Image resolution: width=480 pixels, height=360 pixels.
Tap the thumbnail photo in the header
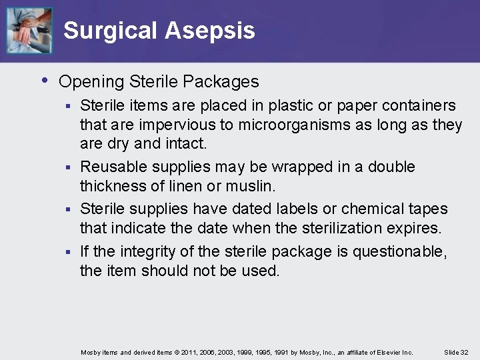click(x=29, y=30)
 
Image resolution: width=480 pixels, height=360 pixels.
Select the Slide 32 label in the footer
click(x=456, y=352)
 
